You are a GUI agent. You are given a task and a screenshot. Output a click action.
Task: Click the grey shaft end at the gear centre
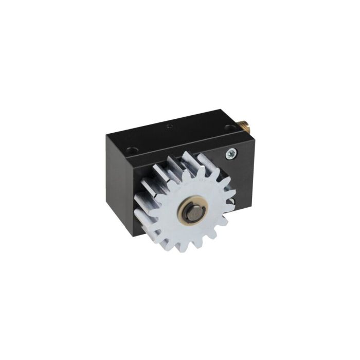coord(194,210)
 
